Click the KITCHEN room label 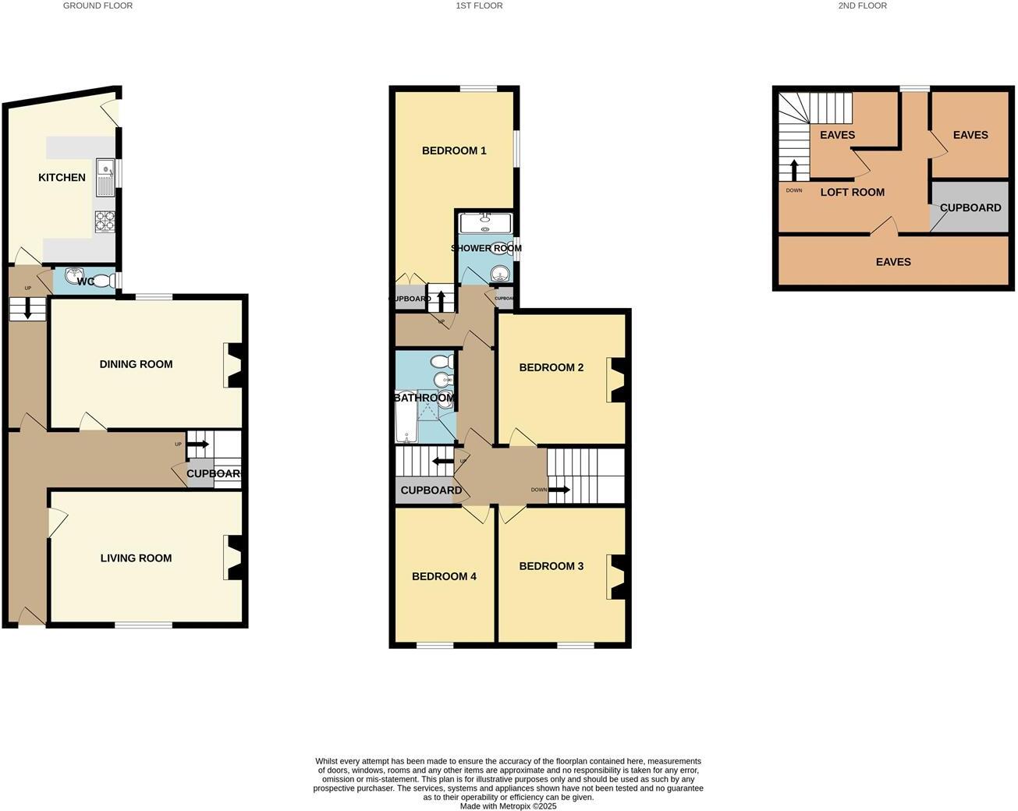click(62, 178)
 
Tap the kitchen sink click(105, 178)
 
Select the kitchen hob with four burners click(105, 222)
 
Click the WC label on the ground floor click(86, 281)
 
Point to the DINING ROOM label click(136, 364)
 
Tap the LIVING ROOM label click(136, 558)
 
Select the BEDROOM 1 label click(454, 151)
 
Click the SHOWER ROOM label click(486, 248)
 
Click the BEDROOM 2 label click(551, 367)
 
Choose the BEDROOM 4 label click(444, 576)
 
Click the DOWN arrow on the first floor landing click(559, 490)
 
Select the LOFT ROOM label click(852, 192)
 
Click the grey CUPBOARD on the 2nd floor click(970, 207)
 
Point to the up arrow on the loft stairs click(794, 169)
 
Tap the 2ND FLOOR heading click(862, 5)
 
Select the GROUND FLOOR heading click(98, 5)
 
